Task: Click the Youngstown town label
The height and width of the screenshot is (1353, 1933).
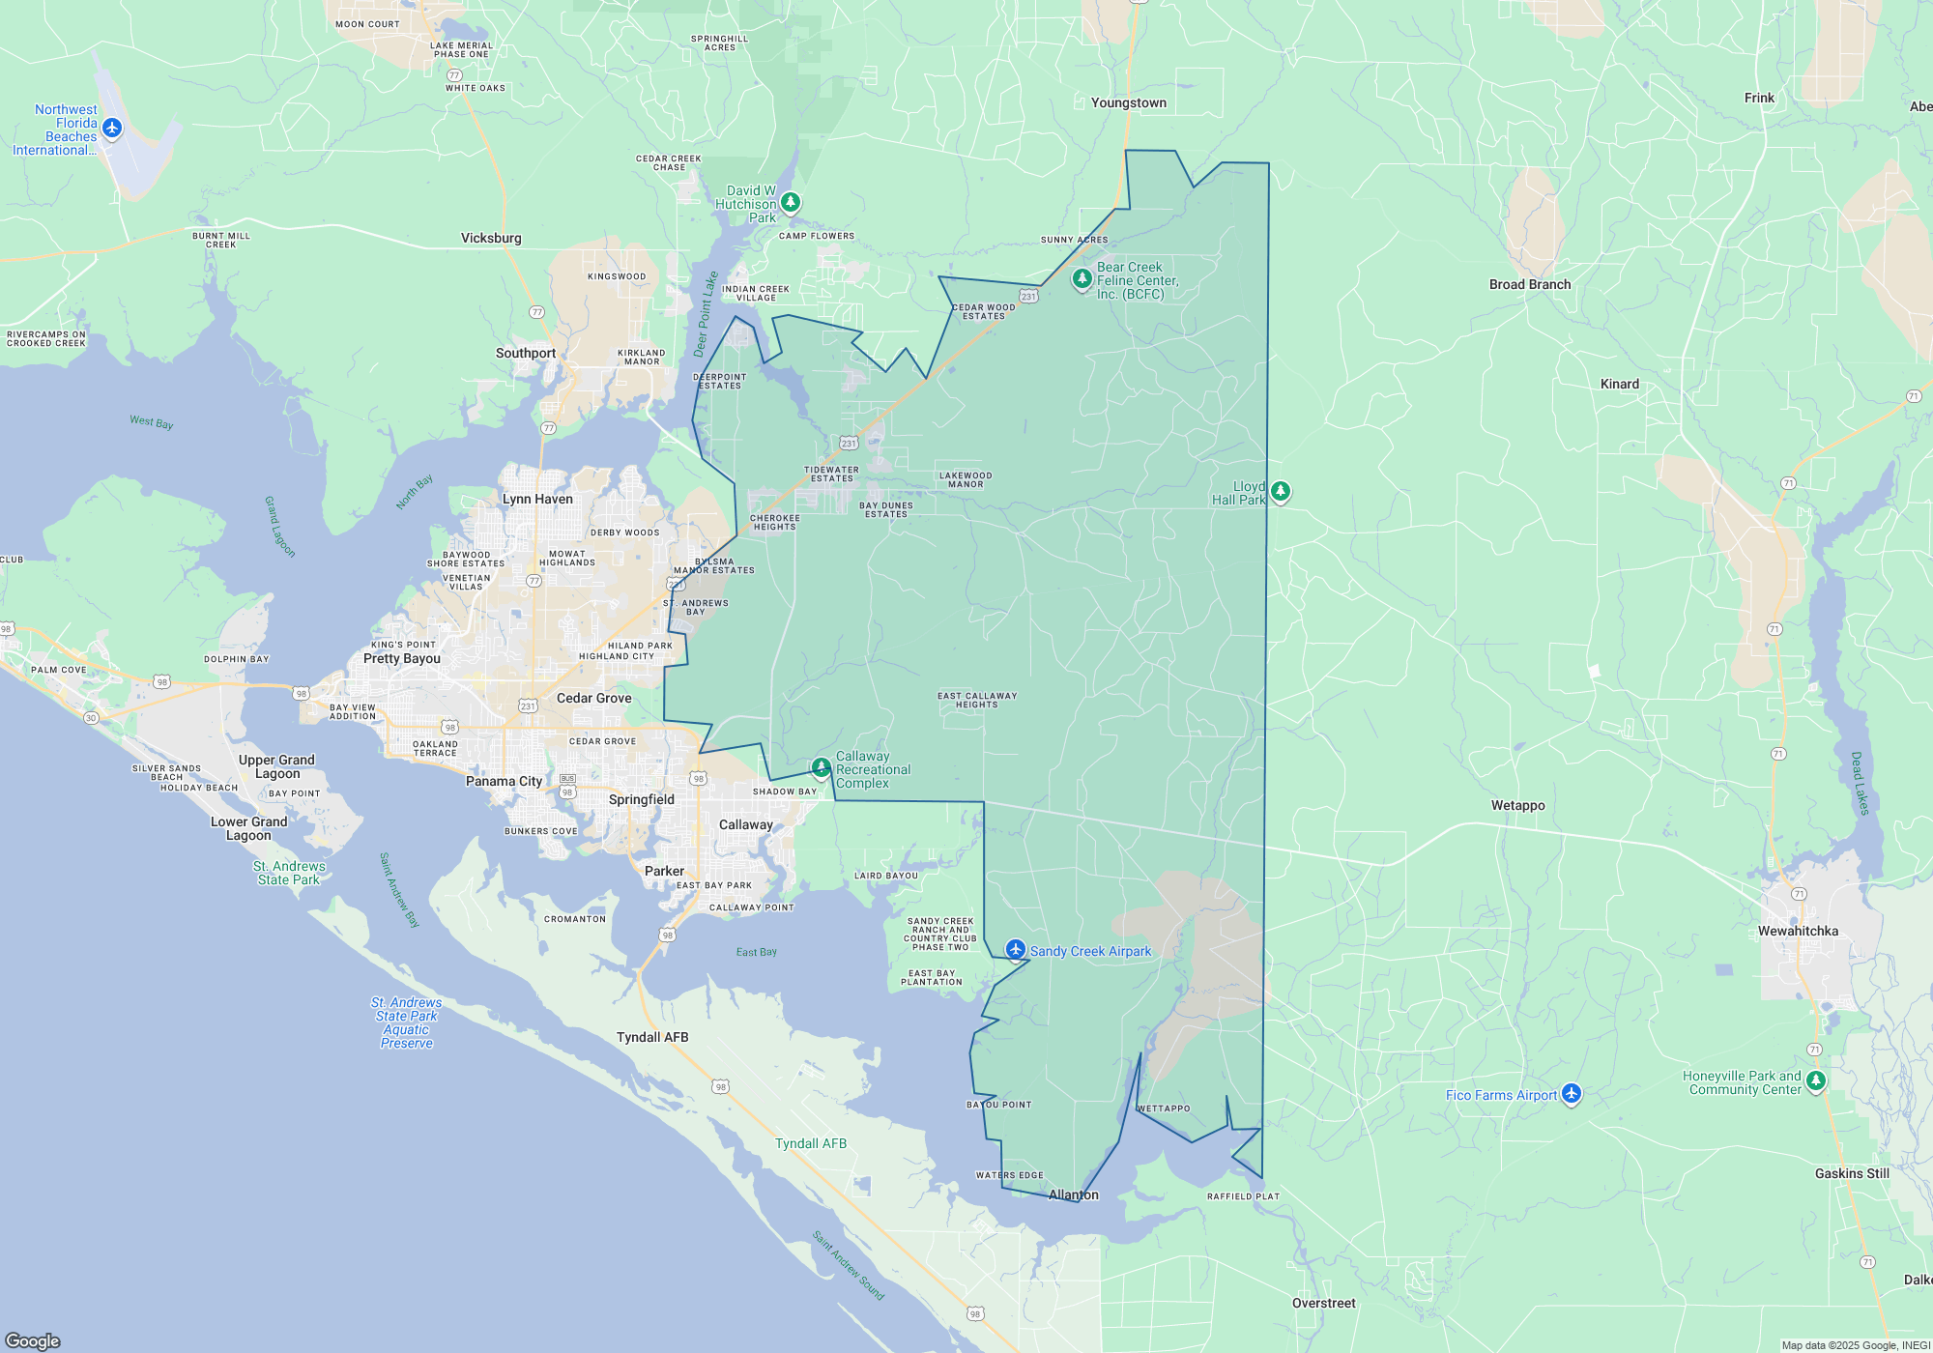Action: click(x=1128, y=103)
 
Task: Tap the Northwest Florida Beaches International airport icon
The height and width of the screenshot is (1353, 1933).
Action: click(x=112, y=128)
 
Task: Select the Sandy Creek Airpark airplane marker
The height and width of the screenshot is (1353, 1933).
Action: click(x=1015, y=950)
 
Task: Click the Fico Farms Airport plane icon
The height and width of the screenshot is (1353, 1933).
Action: click(x=1571, y=1093)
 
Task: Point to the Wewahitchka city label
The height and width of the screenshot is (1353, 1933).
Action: click(x=1798, y=932)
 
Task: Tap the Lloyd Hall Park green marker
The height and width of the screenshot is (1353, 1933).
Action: click(x=1280, y=492)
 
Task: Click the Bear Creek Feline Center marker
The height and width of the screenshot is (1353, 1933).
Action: click(x=1082, y=279)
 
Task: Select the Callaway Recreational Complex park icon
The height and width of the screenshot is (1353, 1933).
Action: click(x=821, y=768)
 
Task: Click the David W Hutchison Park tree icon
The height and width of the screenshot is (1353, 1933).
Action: click(x=791, y=202)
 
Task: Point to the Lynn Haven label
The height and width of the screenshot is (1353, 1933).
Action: click(x=537, y=500)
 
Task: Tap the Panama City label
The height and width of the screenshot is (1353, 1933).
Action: click(x=504, y=782)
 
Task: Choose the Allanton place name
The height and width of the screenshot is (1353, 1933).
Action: click(x=1073, y=1195)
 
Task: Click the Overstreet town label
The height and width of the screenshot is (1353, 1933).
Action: click(x=1323, y=1304)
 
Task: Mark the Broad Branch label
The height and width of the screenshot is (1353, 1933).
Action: click(x=1529, y=285)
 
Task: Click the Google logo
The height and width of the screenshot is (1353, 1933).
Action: click(x=33, y=1340)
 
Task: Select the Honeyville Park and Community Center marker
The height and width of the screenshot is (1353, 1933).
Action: click(x=1815, y=1080)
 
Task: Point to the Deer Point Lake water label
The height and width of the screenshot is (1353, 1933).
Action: click(x=706, y=314)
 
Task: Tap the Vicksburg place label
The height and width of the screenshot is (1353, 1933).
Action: click(x=491, y=239)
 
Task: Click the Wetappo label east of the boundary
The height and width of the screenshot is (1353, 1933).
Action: click(x=1517, y=806)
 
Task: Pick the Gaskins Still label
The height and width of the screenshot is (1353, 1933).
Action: click(x=1851, y=1174)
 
